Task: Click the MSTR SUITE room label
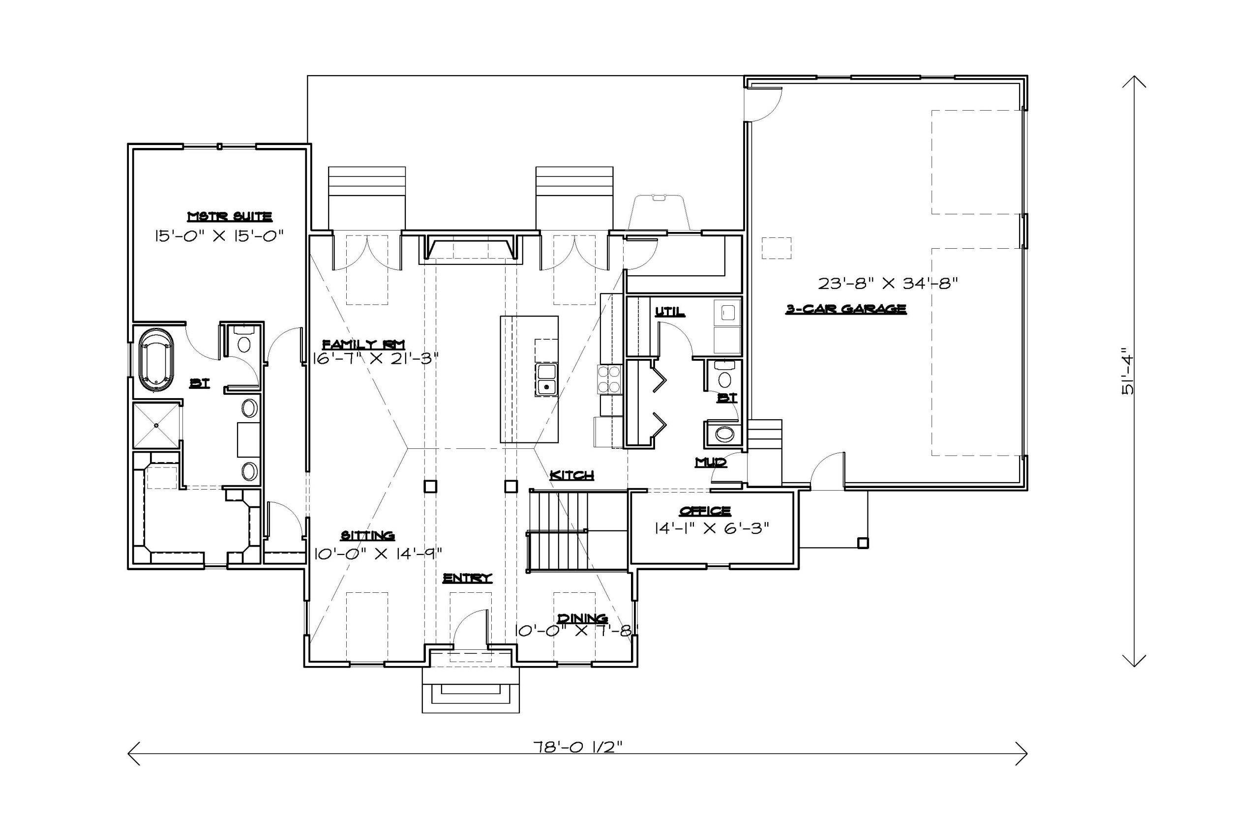pyautogui.click(x=230, y=216)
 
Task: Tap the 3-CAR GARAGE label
pyautogui.click(x=845, y=309)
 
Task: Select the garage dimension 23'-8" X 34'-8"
pyautogui.click(x=888, y=283)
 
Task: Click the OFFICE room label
pyautogui.click(x=705, y=511)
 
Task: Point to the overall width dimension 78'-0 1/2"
pyautogui.click(x=577, y=746)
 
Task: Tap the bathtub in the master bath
pyautogui.click(x=156, y=360)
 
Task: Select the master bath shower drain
pyautogui.click(x=156, y=425)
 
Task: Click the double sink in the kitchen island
pyautogui.click(x=546, y=379)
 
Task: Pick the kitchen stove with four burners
pyautogui.click(x=609, y=379)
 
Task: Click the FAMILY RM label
pyautogui.click(x=364, y=344)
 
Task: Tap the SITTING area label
pyautogui.click(x=367, y=535)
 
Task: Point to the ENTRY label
pyautogui.click(x=467, y=578)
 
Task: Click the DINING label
pyautogui.click(x=582, y=618)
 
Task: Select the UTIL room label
pyautogui.click(x=670, y=312)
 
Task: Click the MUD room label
pyautogui.click(x=711, y=463)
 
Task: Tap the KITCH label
pyautogui.click(x=571, y=475)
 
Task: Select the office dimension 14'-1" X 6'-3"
pyautogui.click(x=712, y=528)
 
